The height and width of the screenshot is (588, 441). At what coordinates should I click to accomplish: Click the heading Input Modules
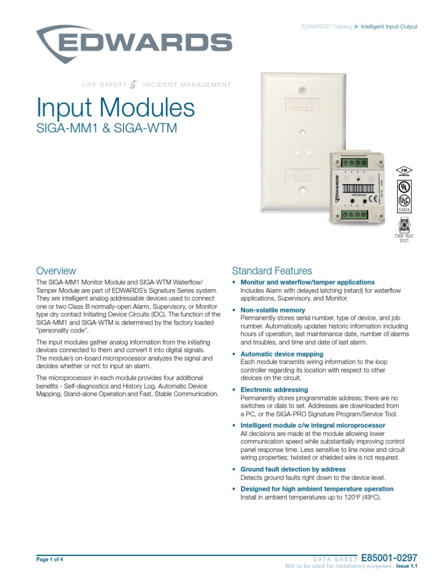click(115, 108)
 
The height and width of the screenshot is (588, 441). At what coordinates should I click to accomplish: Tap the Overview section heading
click(56, 270)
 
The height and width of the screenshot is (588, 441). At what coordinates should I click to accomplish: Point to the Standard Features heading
click(272, 270)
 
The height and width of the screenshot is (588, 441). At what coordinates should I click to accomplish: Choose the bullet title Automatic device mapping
click(281, 354)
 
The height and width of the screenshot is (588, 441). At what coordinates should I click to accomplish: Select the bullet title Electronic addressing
click(274, 390)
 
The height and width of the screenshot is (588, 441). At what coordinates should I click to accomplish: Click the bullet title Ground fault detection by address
click(293, 469)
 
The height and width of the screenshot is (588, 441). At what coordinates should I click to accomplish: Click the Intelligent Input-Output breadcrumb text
click(389, 27)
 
